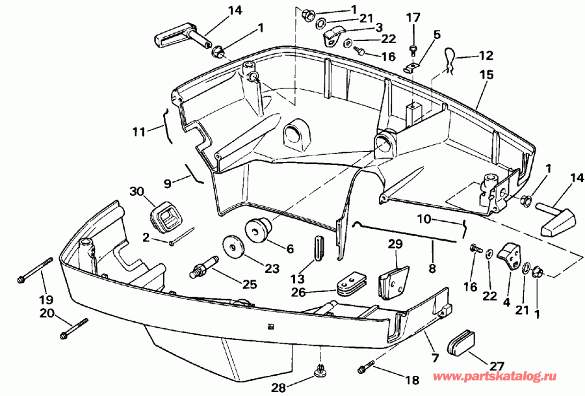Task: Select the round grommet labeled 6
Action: [257, 230]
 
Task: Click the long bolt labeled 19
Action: [36, 270]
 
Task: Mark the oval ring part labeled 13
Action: [318, 248]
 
